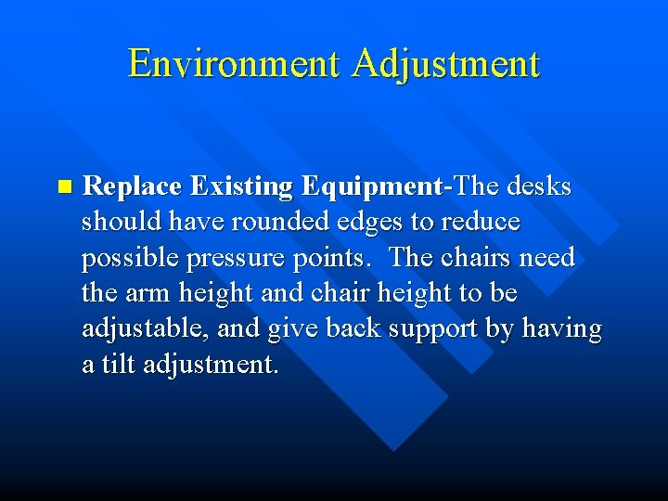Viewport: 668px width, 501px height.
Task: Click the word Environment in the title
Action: (235, 64)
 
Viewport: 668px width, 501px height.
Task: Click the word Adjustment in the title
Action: (445, 64)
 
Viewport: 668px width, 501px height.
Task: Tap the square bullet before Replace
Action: (63, 186)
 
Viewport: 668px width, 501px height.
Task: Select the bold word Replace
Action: (133, 186)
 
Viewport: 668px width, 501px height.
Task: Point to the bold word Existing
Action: (241, 186)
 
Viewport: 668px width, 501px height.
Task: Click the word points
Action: (337, 257)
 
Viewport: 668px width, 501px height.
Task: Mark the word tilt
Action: (118, 364)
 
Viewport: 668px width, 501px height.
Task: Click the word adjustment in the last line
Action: (211, 364)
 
